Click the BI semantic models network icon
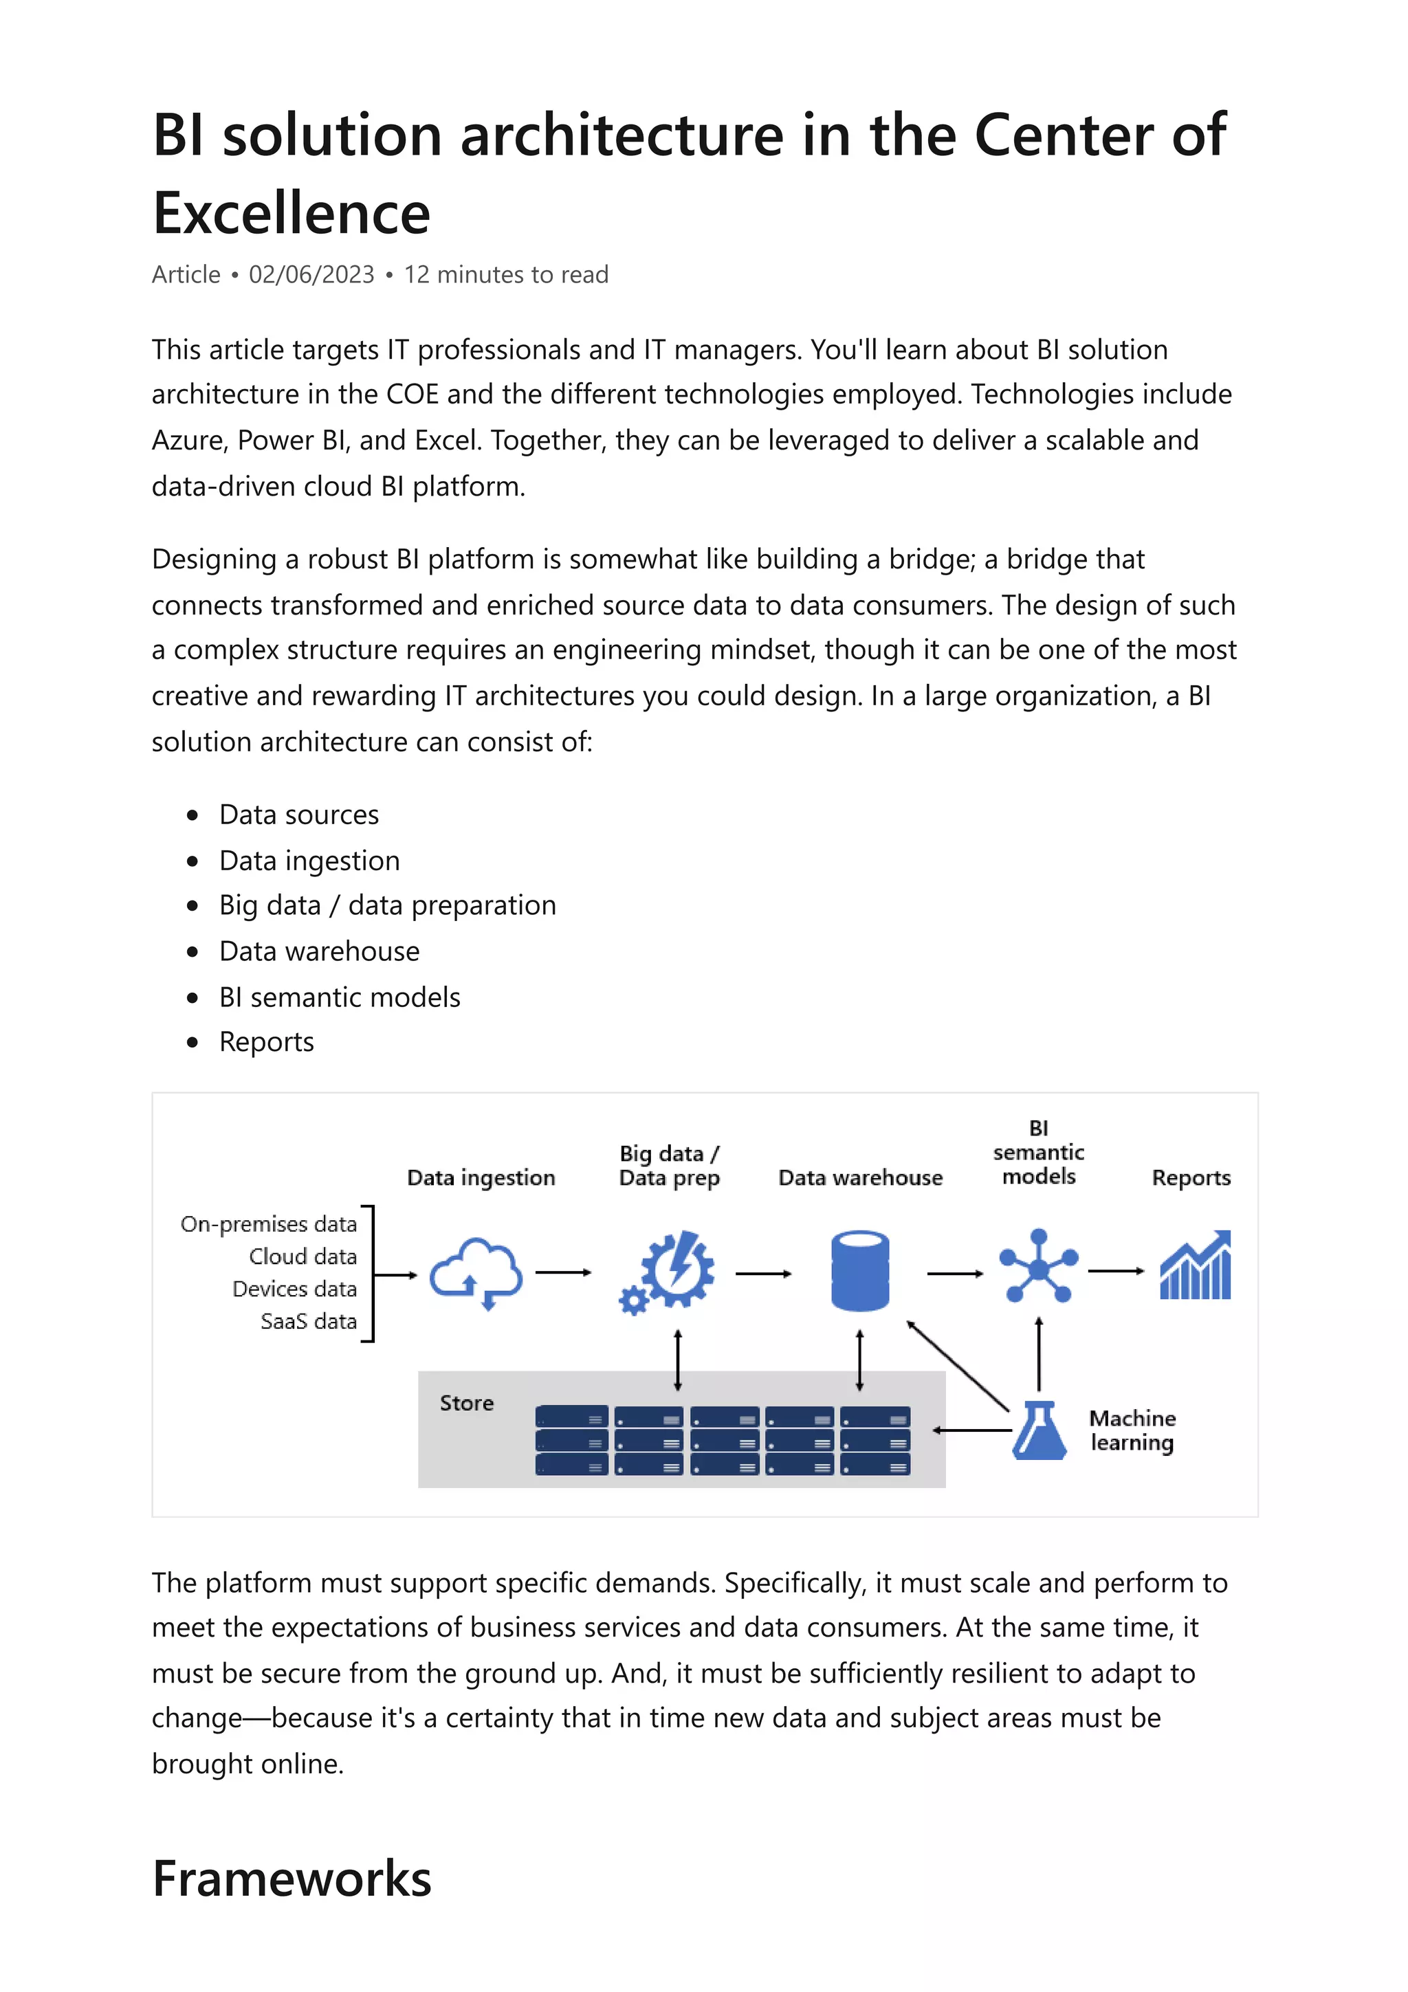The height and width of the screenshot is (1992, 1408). coord(1038,1266)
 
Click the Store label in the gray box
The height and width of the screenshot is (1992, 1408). coord(466,1403)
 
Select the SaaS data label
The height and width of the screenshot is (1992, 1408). coord(308,1321)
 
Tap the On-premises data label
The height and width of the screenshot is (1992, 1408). coord(268,1224)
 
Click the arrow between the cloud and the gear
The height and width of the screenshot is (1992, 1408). coord(563,1273)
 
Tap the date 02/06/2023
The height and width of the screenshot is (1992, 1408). coord(311,274)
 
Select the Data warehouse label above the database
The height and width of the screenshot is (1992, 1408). coord(860,1177)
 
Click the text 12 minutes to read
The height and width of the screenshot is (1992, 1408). coord(506,274)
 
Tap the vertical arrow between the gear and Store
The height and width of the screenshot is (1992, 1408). coord(678,1360)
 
